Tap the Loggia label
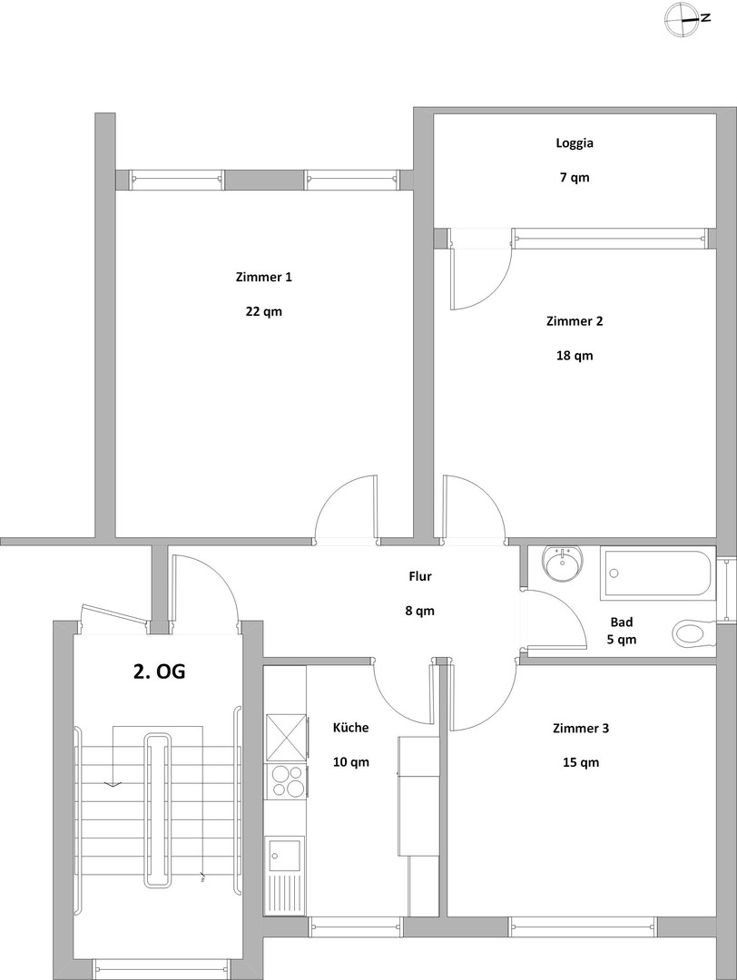pos(574,142)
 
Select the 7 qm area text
pos(574,177)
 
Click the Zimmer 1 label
pos(263,277)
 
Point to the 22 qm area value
pos(263,311)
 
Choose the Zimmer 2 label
pos(574,320)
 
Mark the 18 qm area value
pos(574,355)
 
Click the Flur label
pos(419,576)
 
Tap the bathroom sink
pos(563,564)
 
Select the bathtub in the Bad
pos(658,573)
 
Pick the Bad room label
pos(622,622)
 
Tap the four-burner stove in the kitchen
pos(286,780)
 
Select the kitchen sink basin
pos(283,853)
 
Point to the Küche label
pos(350,728)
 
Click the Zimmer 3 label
pos(580,728)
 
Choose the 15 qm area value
pos(580,762)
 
